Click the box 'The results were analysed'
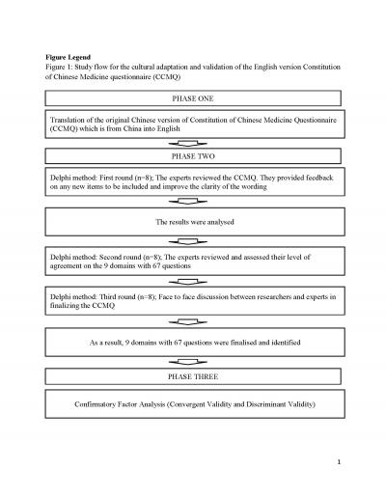(x=193, y=222)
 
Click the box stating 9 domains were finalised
(x=193, y=343)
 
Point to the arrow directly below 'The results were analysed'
(x=193, y=241)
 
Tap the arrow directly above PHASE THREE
(x=193, y=361)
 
